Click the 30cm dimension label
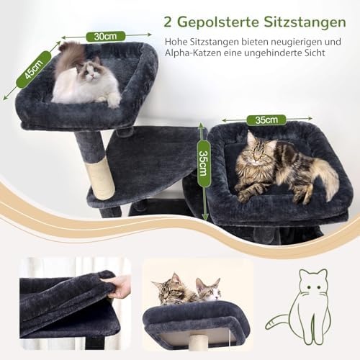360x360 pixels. point(106,37)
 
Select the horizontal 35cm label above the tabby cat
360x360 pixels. point(266,120)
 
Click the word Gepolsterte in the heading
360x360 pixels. point(218,22)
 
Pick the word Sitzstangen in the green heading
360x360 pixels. point(305,22)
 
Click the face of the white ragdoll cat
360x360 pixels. point(92,70)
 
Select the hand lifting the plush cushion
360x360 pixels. point(120,287)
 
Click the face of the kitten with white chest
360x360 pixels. point(210,291)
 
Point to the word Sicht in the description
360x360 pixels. point(313,53)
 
